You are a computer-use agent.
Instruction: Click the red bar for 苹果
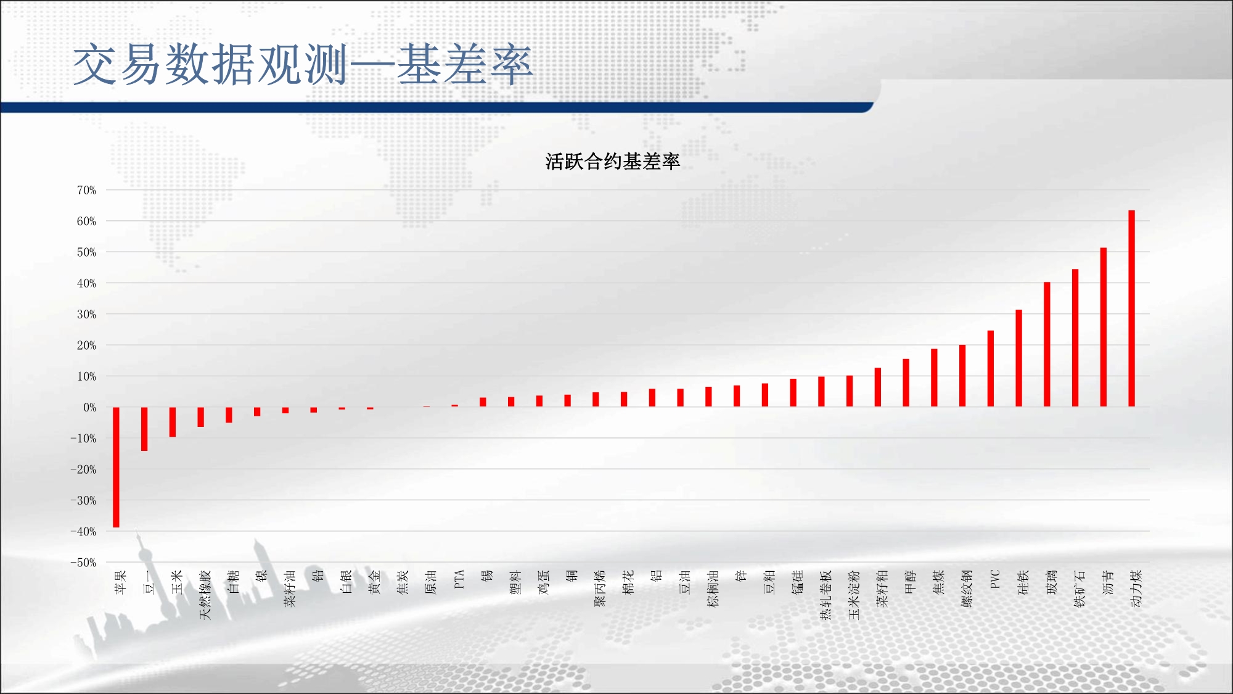point(116,467)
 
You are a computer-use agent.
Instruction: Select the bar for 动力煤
point(1131,308)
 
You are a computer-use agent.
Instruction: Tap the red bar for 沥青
point(1103,327)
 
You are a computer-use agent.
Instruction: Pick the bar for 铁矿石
point(1075,338)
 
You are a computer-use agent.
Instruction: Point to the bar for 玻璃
point(1047,344)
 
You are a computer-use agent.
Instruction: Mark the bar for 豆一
point(144,429)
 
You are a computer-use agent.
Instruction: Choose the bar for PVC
point(991,369)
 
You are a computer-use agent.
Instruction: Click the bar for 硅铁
point(1018,358)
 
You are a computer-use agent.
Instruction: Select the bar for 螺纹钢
point(962,376)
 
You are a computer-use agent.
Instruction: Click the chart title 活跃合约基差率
point(612,162)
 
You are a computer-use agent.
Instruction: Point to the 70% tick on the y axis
point(86,190)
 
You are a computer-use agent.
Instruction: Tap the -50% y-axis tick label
point(83,563)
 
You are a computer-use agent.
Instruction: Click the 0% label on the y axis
point(89,407)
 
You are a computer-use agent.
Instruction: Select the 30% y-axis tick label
point(86,314)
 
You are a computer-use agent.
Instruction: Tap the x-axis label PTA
point(459,579)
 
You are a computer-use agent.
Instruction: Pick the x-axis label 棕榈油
point(713,589)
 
